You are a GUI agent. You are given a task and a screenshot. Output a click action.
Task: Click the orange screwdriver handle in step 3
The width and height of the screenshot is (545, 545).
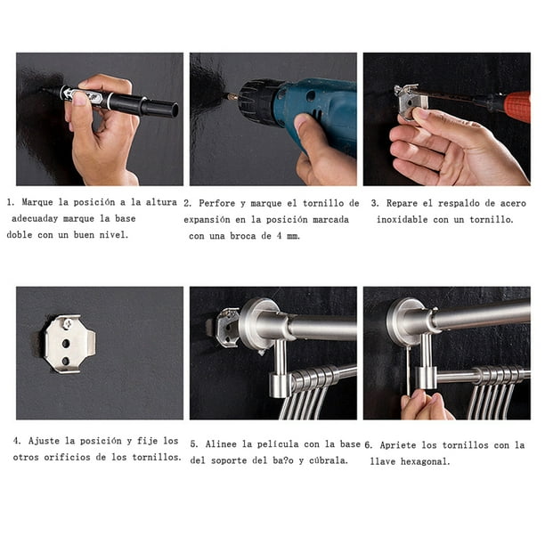[517, 107]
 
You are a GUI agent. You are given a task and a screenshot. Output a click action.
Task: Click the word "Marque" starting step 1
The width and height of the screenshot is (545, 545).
[39, 203]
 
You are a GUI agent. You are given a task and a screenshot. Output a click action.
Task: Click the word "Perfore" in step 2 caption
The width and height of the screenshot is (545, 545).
[219, 203]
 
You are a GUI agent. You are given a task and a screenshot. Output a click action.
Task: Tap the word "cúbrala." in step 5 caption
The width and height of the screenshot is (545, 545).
[328, 460]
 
